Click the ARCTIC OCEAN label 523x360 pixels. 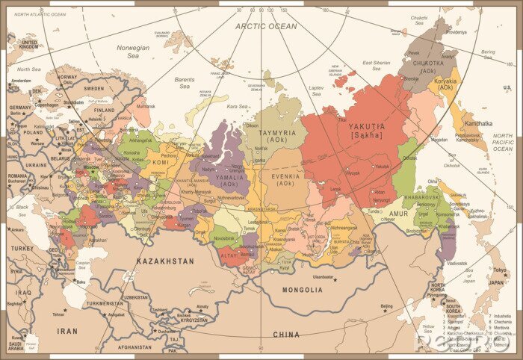(x=266, y=26)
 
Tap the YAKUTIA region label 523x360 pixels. (x=367, y=127)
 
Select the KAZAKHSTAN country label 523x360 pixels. (x=165, y=261)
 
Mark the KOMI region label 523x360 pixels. (x=161, y=162)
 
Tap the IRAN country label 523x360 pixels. (x=67, y=330)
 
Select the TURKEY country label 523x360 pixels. (x=22, y=248)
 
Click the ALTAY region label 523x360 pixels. (x=228, y=255)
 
